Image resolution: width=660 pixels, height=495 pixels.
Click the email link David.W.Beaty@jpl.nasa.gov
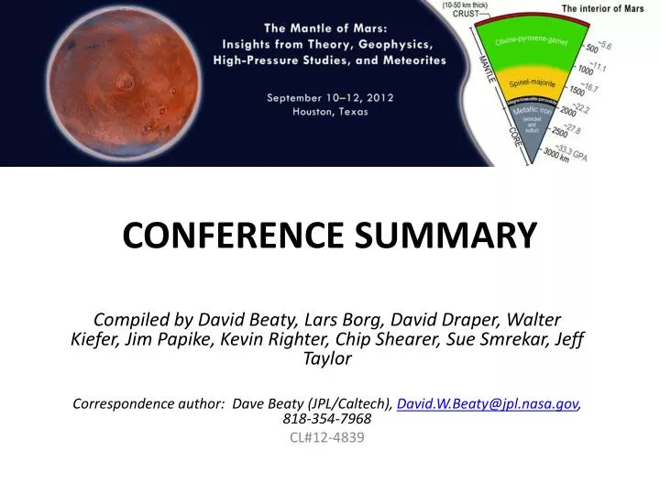tap(488, 403)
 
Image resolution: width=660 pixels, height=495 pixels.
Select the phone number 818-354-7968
tap(327, 419)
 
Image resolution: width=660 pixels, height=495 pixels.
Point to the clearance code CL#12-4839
tap(327, 437)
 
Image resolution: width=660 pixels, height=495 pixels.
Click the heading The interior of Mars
tap(603, 8)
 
